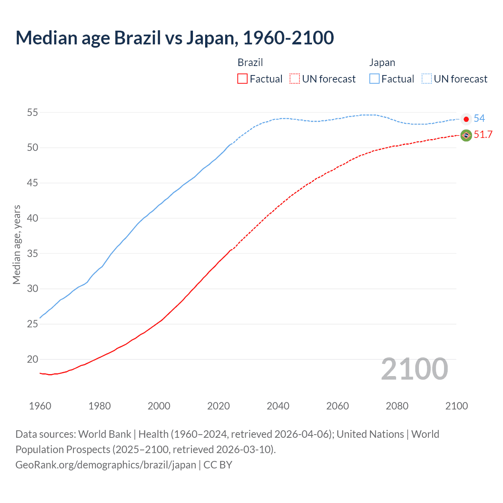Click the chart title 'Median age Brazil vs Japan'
coord(174,38)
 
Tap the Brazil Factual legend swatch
coord(242,79)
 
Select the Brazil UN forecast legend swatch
coord(295,79)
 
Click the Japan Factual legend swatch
coord(374,79)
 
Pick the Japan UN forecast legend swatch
coord(426,79)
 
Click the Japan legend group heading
coord(382,62)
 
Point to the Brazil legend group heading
coord(250,62)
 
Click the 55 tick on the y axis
coord(33,113)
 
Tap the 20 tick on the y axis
coord(33,359)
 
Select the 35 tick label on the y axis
coord(33,253)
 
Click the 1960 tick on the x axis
coord(40,406)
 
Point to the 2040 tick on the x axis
coord(278,406)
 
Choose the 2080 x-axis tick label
coord(397,406)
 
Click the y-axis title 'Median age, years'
coord(17,244)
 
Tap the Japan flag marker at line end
coord(466,119)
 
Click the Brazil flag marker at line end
coord(466,136)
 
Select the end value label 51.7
coord(483,135)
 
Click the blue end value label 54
coord(479,118)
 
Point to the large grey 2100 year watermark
coord(414,369)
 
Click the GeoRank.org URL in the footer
coord(106,465)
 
